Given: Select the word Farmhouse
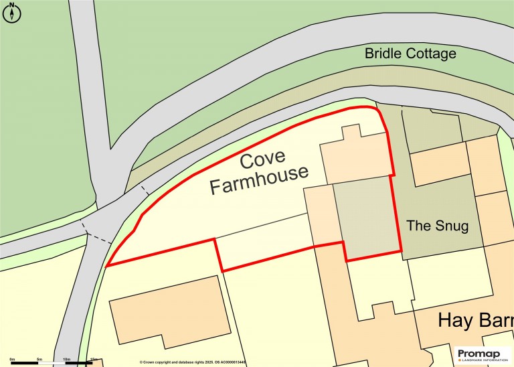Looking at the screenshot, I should pyautogui.click(x=259, y=180).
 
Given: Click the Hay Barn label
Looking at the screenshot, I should pyautogui.click(x=475, y=320).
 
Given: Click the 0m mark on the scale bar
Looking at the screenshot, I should pyautogui.click(x=12, y=360).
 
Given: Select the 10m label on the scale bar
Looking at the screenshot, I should pyautogui.click(x=67, y=360).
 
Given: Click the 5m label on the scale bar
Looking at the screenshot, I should pyautogui.click(x=39, y=360).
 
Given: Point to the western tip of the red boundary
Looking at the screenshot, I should pyautogui.click(x=107, y=265).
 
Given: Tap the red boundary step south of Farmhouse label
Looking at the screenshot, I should pyautogui.click(x=218, y=254).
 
